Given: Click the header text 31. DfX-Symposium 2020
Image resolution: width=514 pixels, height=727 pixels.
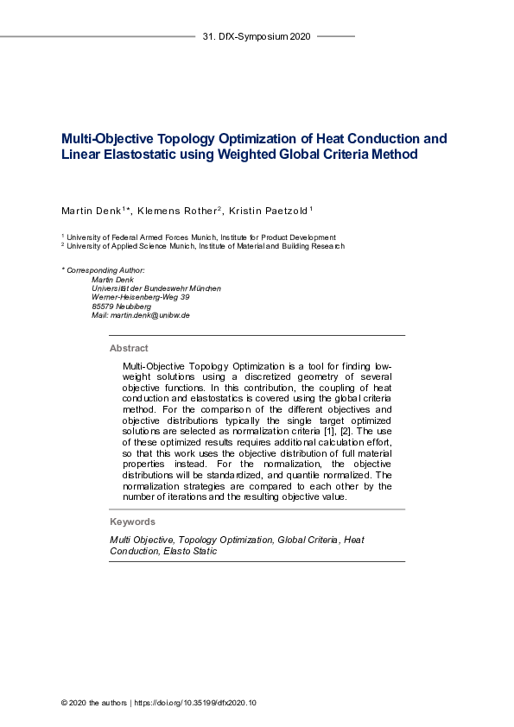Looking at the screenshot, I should click(256, 37).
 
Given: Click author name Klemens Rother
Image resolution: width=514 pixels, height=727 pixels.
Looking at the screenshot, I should click(181, 212).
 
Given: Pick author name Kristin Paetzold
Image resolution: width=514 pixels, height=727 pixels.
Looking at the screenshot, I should click(271, 212).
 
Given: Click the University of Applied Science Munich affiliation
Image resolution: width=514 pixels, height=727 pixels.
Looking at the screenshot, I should click(206, 246).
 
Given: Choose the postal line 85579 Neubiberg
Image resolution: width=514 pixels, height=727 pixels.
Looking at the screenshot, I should click(121, 307).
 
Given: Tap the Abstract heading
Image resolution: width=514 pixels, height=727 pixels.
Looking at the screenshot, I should click(129, 349).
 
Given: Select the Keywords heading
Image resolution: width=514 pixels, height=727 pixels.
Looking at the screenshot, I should click(132, 522).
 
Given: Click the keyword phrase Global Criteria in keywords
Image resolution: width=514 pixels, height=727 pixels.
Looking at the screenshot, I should click(306, 540).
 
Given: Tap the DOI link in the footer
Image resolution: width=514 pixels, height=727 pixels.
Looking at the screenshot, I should click(195, 703).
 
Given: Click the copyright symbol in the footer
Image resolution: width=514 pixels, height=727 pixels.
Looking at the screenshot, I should click(65, 703).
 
